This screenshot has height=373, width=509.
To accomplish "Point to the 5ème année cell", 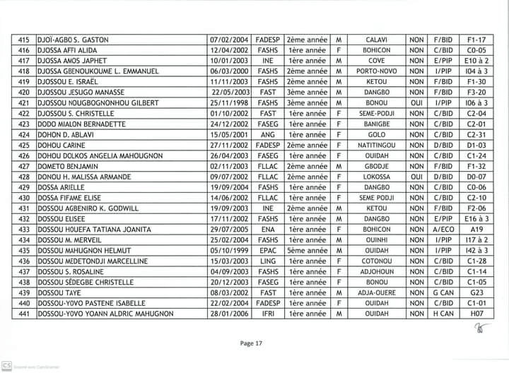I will pos(307,250).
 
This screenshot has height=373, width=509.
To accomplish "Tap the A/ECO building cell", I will pos(443,229).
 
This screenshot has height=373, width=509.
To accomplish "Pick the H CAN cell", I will pos(443,314).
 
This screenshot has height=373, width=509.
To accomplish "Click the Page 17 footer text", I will pos(252,343).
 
